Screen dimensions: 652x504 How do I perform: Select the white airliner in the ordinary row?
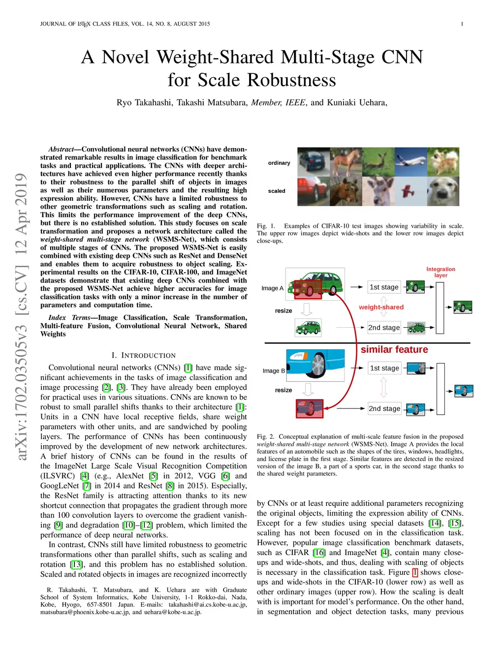pos(410,162)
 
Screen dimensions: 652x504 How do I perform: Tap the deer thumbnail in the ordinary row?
pos(378,162)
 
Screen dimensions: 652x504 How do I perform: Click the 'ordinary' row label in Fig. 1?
pos(279,163)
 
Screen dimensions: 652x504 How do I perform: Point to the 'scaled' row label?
pos(277,191)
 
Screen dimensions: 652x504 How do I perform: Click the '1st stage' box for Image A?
pos(384,287)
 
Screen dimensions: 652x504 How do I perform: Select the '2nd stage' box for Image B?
pos(384,408)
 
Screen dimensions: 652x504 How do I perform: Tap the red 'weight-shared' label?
pos(381,307)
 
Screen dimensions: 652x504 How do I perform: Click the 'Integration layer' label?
pos(441,272)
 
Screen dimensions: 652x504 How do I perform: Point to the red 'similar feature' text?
pos(394,349)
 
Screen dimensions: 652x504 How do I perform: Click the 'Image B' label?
pos(274,371)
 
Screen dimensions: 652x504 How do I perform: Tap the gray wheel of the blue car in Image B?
pos(318,365)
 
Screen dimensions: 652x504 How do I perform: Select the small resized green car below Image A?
pos(308,327)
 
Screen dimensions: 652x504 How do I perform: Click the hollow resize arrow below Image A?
pos(307,310)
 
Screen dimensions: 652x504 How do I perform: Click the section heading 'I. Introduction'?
pos(143,355)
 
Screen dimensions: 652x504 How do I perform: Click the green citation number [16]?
pos(319,553)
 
